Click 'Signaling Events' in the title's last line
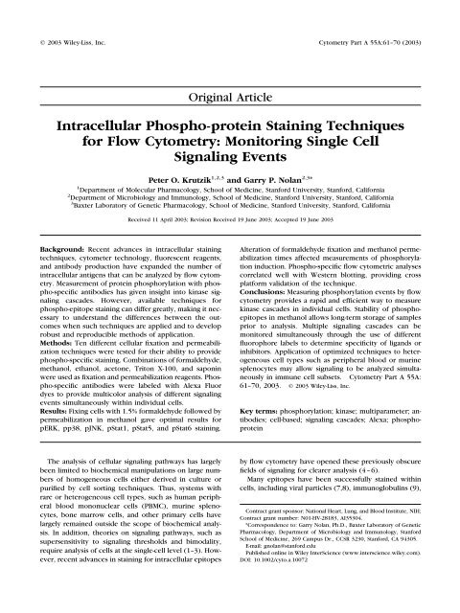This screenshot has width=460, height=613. coord(230,170)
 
